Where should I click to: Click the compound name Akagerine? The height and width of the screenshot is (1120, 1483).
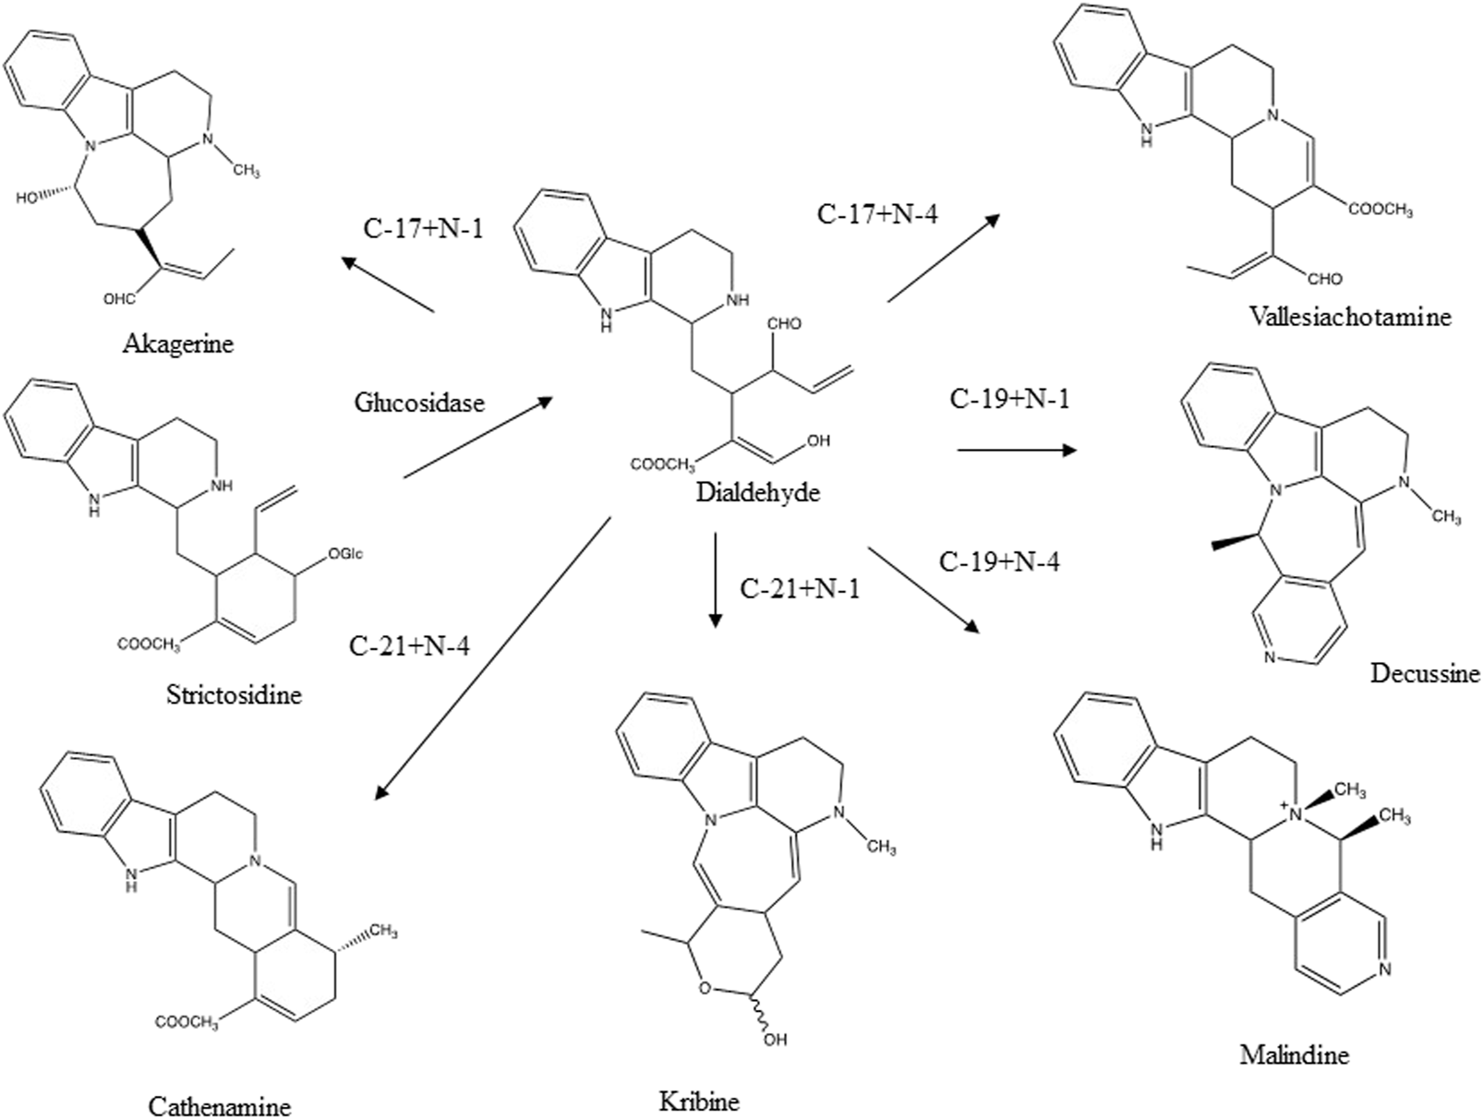point(178,344)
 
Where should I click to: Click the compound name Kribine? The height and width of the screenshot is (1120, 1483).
point(699,1101)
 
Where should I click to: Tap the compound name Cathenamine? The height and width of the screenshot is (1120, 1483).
point(220,1105)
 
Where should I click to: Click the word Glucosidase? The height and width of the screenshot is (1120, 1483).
point(418,403)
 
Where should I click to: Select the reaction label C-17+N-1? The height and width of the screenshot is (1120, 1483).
point(424,227)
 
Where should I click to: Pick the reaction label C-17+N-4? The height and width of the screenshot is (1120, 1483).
point(877,214)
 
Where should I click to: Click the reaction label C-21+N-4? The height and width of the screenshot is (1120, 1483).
point(409,645)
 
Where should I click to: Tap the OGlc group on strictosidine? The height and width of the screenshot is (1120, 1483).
point(347,554)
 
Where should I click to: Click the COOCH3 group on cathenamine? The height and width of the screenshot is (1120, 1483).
point(186,1022)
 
